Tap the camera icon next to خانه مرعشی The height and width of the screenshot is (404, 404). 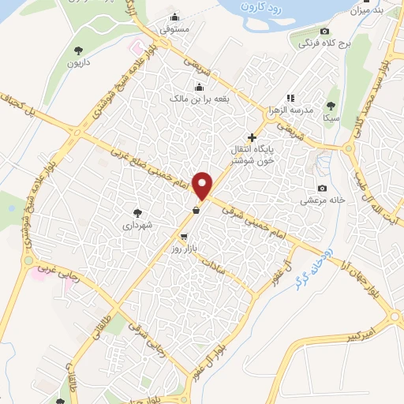point(322,188)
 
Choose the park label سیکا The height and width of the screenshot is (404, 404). point(331,117)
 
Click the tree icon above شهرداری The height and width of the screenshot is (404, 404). point(139,212)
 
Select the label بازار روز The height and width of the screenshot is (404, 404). point(183,249)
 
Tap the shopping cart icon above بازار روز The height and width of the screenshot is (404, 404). point(184,236)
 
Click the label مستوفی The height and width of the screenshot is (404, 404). point(175,29)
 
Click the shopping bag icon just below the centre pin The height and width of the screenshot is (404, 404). point(195,210)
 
